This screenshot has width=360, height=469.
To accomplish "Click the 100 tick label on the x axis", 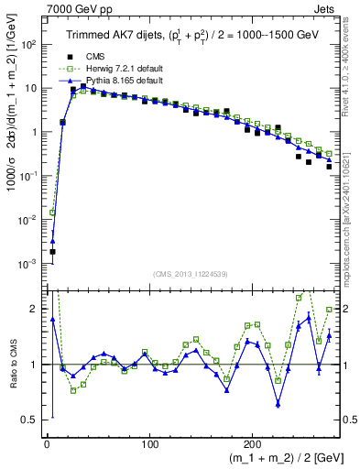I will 149,443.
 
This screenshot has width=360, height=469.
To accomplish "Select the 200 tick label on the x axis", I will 253,443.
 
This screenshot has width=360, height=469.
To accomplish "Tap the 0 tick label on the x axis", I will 47,443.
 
